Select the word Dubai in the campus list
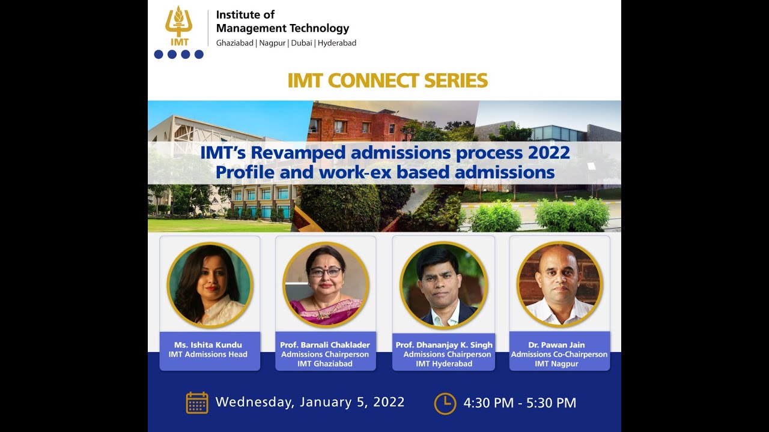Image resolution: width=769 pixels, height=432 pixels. (x=301, y=43)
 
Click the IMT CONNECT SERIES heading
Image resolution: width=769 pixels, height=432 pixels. (x=388, y=80)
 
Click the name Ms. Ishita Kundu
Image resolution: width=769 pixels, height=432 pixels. (x=208, y=345)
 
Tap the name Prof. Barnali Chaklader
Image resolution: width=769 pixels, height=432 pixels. (x=325, y=345)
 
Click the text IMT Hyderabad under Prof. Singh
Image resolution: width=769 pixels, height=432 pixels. (x=444, y=364)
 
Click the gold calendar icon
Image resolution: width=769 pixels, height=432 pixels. (x=197, y=403)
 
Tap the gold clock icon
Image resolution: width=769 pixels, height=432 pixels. (x=445, y=403)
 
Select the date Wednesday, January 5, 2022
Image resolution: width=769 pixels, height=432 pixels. (x=310, y=402)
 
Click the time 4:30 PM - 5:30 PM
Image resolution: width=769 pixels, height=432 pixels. (x=520, y=403)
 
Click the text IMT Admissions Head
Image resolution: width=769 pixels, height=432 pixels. (x=208, y=355)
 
